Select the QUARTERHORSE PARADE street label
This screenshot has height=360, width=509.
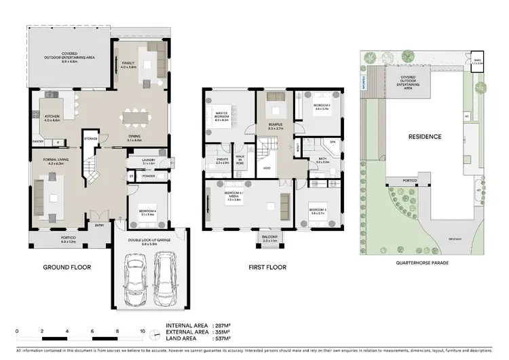tap(426, 261)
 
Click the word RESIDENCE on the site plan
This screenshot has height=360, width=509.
tap(424, 137)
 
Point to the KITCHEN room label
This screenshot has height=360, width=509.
tap(52, 118)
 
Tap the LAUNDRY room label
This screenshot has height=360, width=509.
tap(150, 162)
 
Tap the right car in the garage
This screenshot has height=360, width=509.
tap(166, 281)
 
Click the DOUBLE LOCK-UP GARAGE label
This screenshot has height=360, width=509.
tap(150, 240)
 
